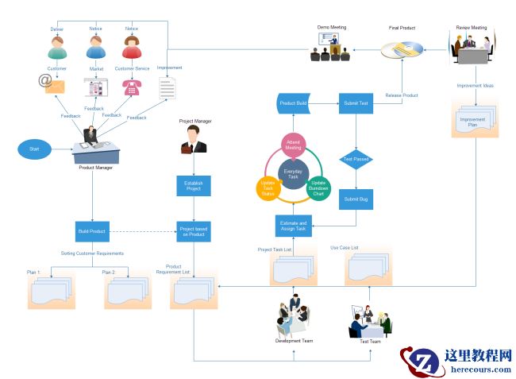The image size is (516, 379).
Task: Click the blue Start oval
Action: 34,149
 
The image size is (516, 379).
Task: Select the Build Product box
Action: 92,230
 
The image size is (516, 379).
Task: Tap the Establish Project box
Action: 193,186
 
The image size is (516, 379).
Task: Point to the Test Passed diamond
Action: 355,159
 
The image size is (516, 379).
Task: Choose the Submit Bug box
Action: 355,199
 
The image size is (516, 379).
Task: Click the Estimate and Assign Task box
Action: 293,226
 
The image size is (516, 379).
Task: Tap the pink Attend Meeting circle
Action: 293,145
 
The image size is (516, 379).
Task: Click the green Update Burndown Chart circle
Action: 318,188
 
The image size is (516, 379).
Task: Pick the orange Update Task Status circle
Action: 268,188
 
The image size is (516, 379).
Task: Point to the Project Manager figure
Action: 193,141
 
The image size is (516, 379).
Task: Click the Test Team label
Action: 370,342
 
